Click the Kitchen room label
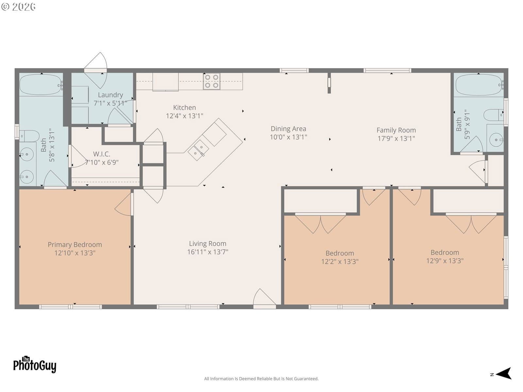click(x=184, y=107)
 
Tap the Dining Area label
click(x=288, y=129)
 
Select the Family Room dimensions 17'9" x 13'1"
click(x=396, y=138)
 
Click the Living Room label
click(x=208, y=243)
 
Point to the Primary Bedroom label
click(x=75, y=245)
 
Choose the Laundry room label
click(x=110, y=95)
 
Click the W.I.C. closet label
click(x=102, y=154)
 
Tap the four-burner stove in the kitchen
click(x=211, y=81)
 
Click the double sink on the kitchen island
click(x=198, y=150)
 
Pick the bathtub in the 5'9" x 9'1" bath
click(x=479, y=85)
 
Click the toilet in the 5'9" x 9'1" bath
click(x=494, y=115)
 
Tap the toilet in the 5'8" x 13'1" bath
click(x=29, y=136)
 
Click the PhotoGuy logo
click(x=35, y=364)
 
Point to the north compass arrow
click(x=504, y=373)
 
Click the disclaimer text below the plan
click(x=261, y=379)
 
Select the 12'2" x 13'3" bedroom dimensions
click(x=340, y=262)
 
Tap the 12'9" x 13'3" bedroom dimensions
click(x=445, y=261)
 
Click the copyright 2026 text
click(x=18, y=7)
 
